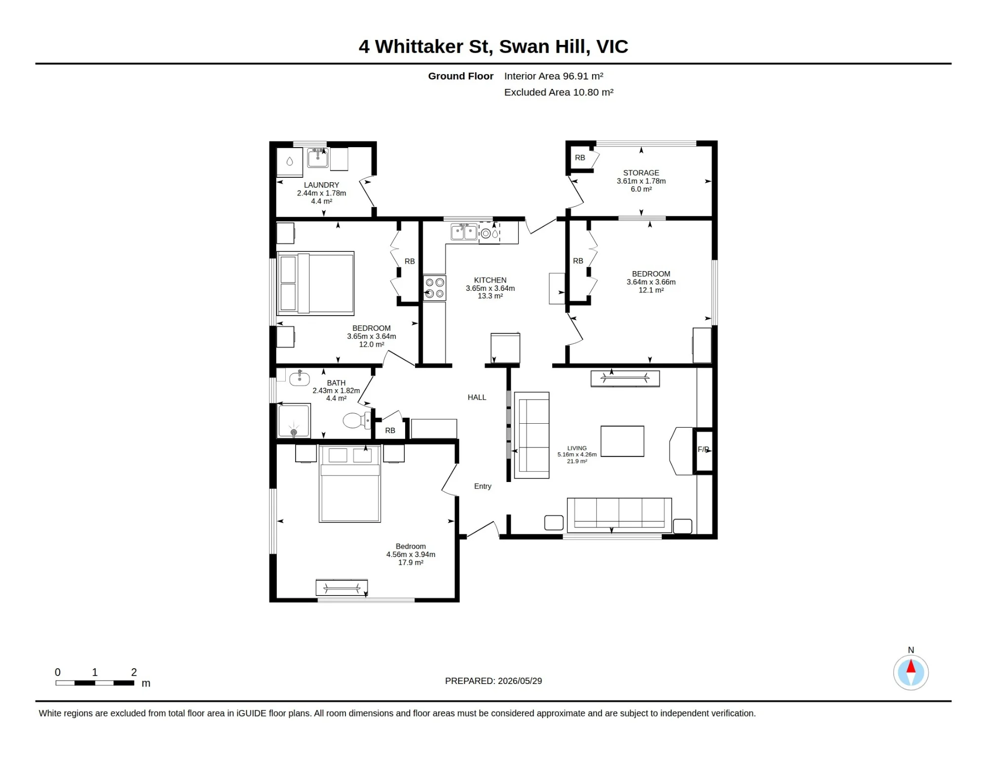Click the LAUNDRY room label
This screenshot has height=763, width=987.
click(x=321, y=185)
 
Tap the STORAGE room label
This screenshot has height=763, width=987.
click(x=641, y=173)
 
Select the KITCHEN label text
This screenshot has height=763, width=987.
click(x=490, y=280)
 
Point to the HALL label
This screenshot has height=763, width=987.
click(x=477, y=397)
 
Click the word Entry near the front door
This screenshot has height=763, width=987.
click(x=483, y=486)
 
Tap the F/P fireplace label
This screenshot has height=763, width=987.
click(x=703, y=449)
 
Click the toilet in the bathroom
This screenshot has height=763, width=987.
click(x=356, y=420)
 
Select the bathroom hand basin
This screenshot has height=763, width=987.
click(x=299, y=378)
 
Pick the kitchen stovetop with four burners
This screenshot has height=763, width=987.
click(x=435, y=288)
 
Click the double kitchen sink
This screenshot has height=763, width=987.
click(x=464, y=232)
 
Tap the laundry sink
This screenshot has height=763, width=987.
click(x=318, y=158)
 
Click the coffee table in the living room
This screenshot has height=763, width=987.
click(x=622, y=441)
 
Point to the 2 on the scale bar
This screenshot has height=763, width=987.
click(x=134, y=672)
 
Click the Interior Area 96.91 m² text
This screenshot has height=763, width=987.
click(x=554, y=76)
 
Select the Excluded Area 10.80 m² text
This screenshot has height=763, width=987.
click(x=559, y=92)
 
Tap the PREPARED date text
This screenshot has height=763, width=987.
click(x=493, y=681)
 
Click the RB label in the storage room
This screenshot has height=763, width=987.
click(x=580, y=158)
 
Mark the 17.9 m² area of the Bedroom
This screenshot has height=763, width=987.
click(x=411, y=562)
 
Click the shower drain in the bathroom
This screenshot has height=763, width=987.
click(x=294, y=433)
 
